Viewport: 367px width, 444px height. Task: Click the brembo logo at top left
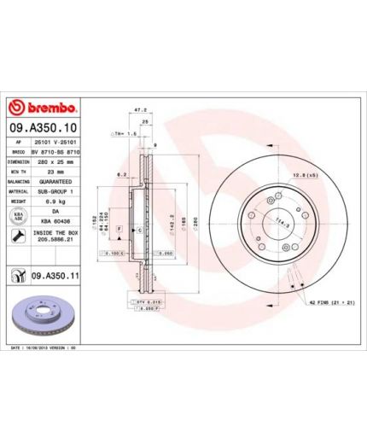pos(42,108)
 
